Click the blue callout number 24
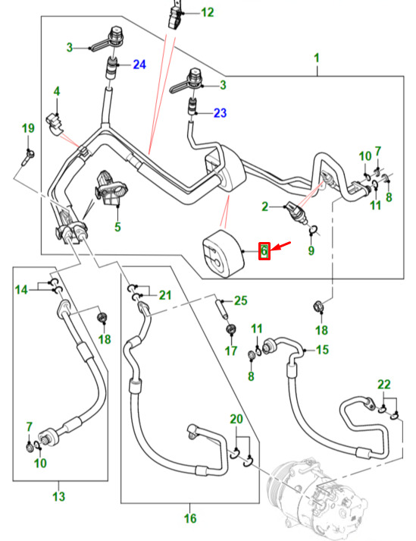[139, 64]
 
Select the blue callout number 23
[221, 113]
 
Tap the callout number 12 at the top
[207, 13]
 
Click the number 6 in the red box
[264, 251]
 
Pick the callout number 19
[28, 128]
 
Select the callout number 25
[240, 300]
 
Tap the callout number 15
[322, 350]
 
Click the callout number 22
[384, 385]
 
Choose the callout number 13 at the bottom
[58, 496]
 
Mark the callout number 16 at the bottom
[190, 518]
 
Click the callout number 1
[317, 58]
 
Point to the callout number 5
[117, 227]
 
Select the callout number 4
[57, 92]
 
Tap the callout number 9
[311, 250]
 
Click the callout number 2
[264, 206]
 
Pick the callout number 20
[236, 419]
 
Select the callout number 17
[231, 351]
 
